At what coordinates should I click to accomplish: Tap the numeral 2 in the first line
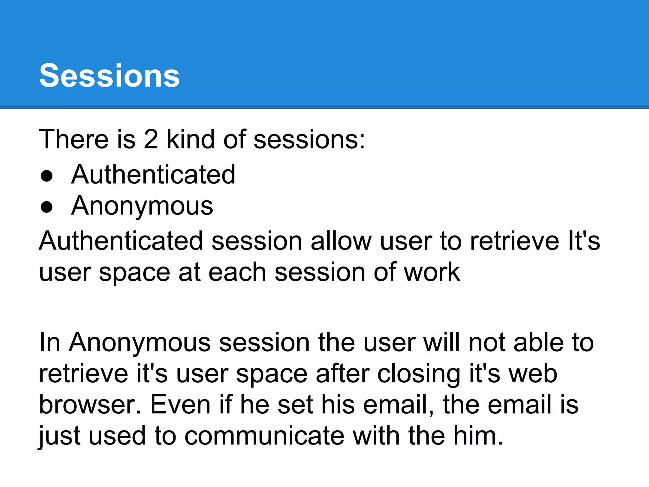[x=151, y=139]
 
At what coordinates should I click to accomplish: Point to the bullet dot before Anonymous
[x=47, y=207]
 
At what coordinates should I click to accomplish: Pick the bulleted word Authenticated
[x=153, y=174]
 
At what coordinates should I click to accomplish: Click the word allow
[x=341, y=241]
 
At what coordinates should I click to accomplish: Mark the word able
[x=538, y=342]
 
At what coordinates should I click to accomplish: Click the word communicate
[x=264, y=436]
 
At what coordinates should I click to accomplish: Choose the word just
[x=59, y=436]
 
